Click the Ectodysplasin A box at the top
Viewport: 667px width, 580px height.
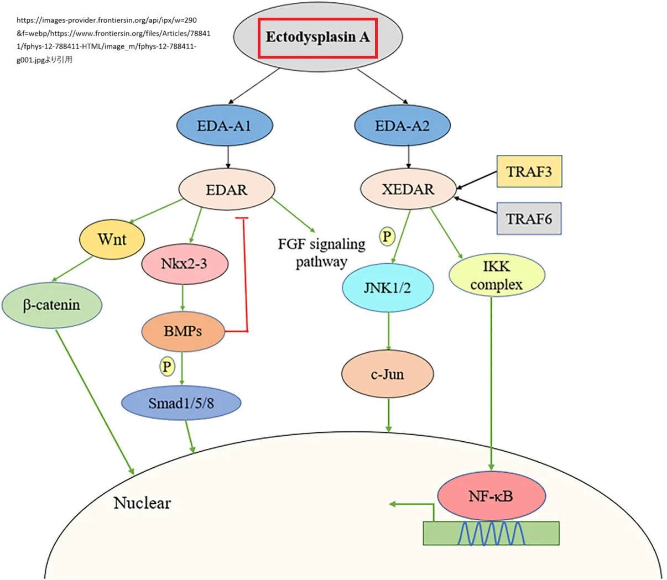pyautogui.click(x=317, y=38)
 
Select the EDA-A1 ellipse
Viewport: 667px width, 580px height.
pyautogui.click(x=225, y=126)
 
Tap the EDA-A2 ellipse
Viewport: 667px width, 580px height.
pyautogui.click(x=402, y=126)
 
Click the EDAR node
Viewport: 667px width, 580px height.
pyautogui.click(x=227, y=190)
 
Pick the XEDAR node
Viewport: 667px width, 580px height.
pyautogui.click(x=408, y=189)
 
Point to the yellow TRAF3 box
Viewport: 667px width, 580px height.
pyautogui.click(x=529, y=171)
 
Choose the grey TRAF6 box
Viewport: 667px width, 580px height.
pyautogui.click(x=529, y=219)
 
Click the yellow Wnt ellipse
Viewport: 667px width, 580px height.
pyautogui.click(x=112, y=239)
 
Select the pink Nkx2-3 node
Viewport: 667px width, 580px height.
pyautogui.click(x=185, y=264)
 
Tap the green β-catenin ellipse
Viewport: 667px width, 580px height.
pyautogui.click(x=51, y=305)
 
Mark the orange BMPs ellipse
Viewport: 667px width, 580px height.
pyautogui.click(x=183, y=331)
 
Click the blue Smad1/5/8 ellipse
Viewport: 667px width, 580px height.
pyautogui.click(x=181, y=403)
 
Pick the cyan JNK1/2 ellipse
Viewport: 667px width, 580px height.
pyautogui.click(x=387, y=288)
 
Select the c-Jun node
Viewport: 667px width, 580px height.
pyautogui.click(x=387, y=375)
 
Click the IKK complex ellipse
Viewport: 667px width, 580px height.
pyautogui.click(x=496, y=275)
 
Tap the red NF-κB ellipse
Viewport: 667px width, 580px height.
pyautogui.click(x=491, y=496)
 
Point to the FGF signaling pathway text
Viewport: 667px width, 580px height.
pyautogui.click(x=321, y=253)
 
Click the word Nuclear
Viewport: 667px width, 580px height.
pyautogui.click(x=142, y=503)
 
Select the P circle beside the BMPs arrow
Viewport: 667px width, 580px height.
pyautogui.click(x=166, y=366)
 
